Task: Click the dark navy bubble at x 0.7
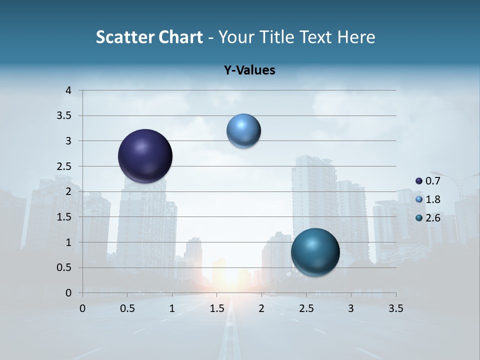click(145, 156)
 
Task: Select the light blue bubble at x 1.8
click(243, 131)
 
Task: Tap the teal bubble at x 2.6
click(315, 252)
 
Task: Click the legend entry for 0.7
click(428, 181)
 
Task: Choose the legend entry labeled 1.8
click(428, 199)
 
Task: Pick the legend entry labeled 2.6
click(428, 217)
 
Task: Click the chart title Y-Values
click(249, 70)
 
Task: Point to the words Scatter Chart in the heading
click(149, 37)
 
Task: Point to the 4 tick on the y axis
click(69, 90)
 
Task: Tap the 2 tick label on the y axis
click(69, 191)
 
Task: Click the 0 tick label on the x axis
click(83, 308)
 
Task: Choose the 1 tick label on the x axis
click(172, 308)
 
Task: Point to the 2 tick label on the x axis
click(261, 308)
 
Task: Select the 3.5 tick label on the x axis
click(396, 308)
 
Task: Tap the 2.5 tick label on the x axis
click(306, 308)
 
